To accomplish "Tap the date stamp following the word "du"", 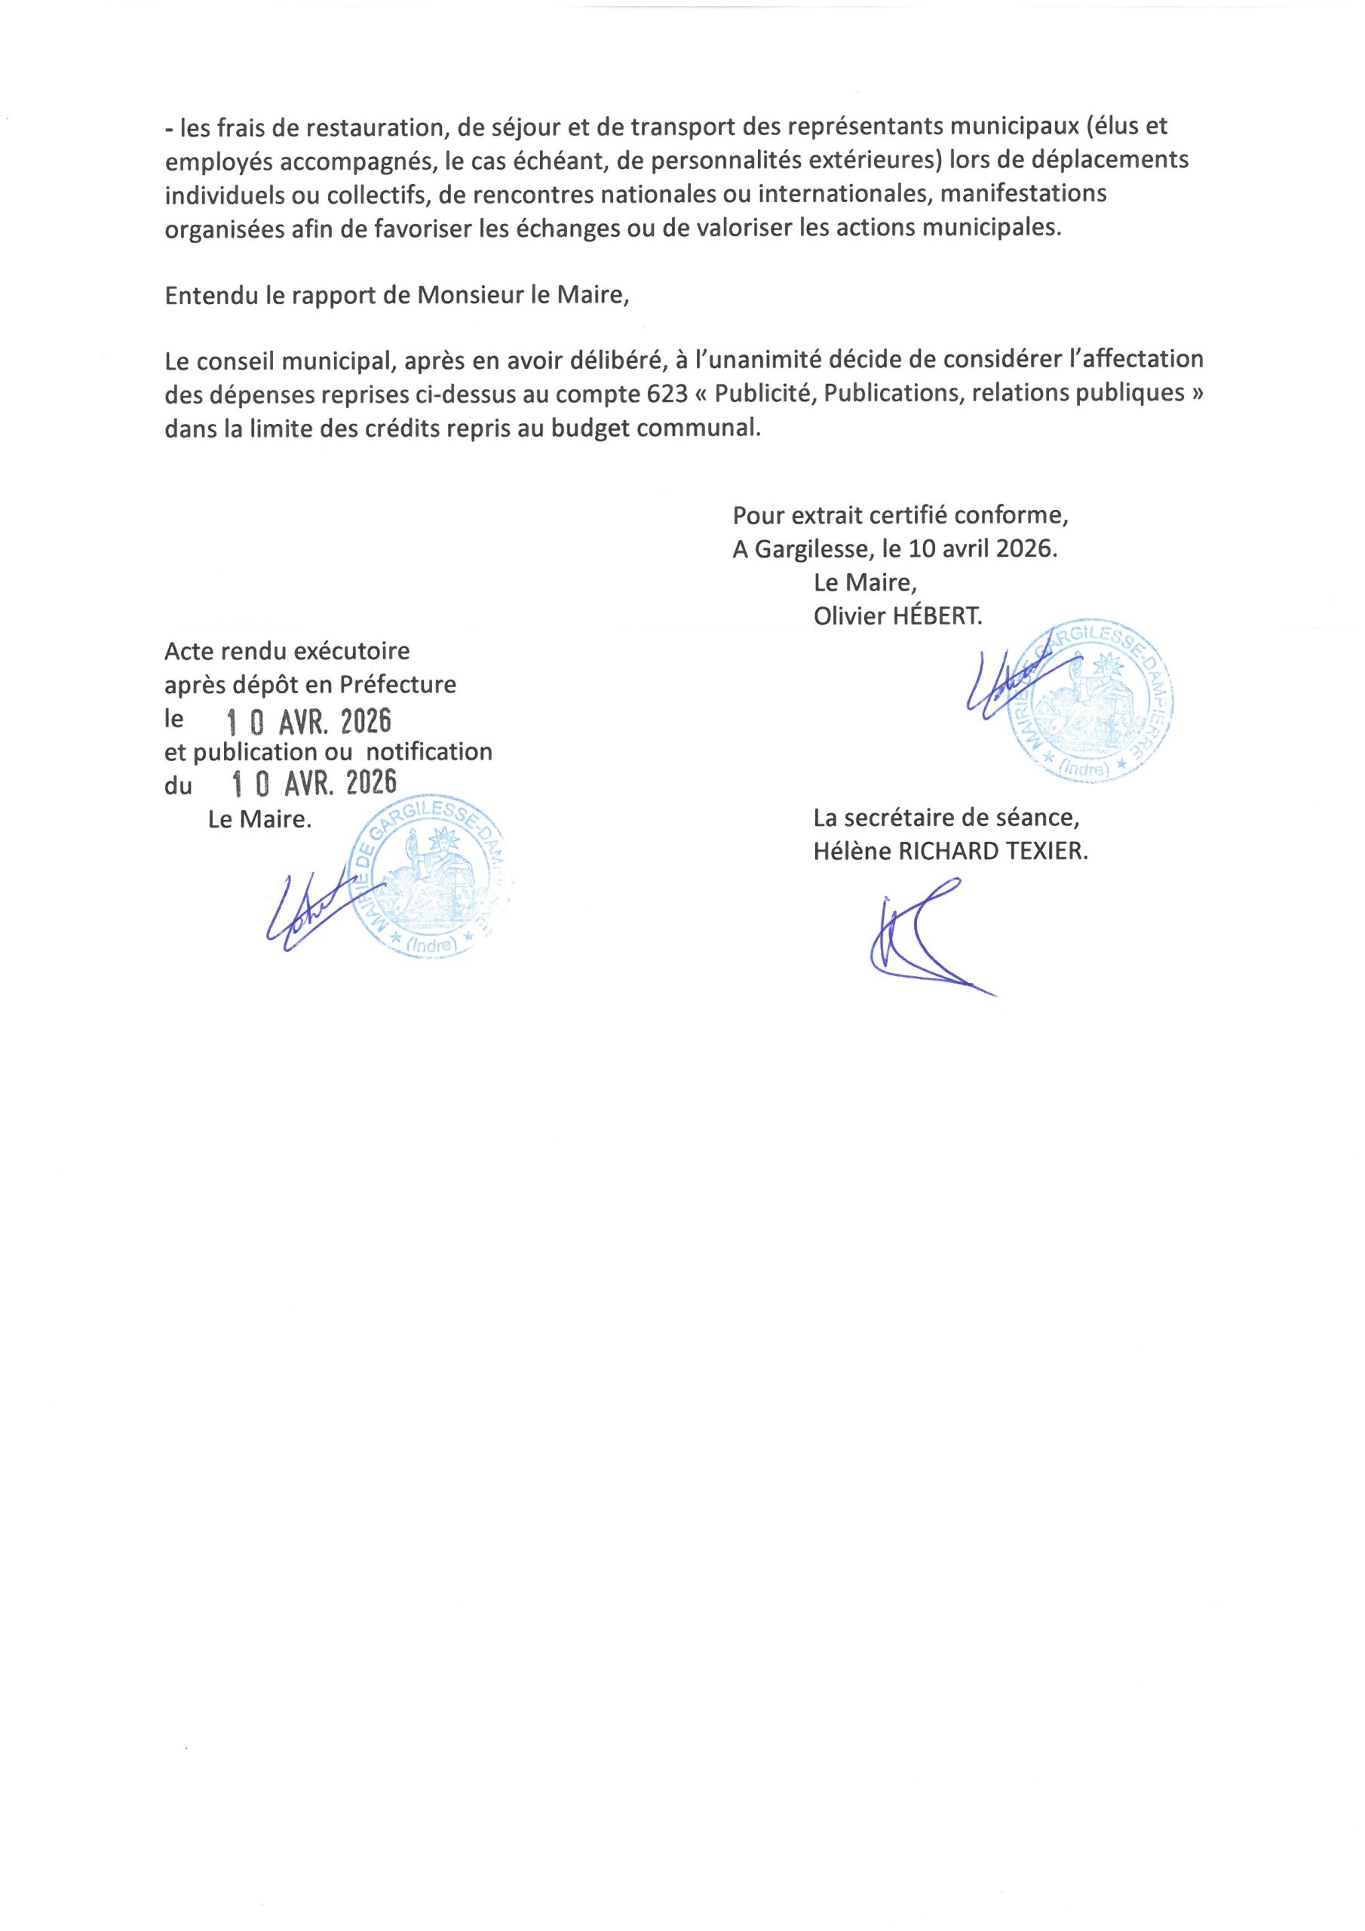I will tap(313, 784).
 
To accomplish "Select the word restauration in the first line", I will tap(373, 127).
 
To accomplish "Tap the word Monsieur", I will tap(462, 296).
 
